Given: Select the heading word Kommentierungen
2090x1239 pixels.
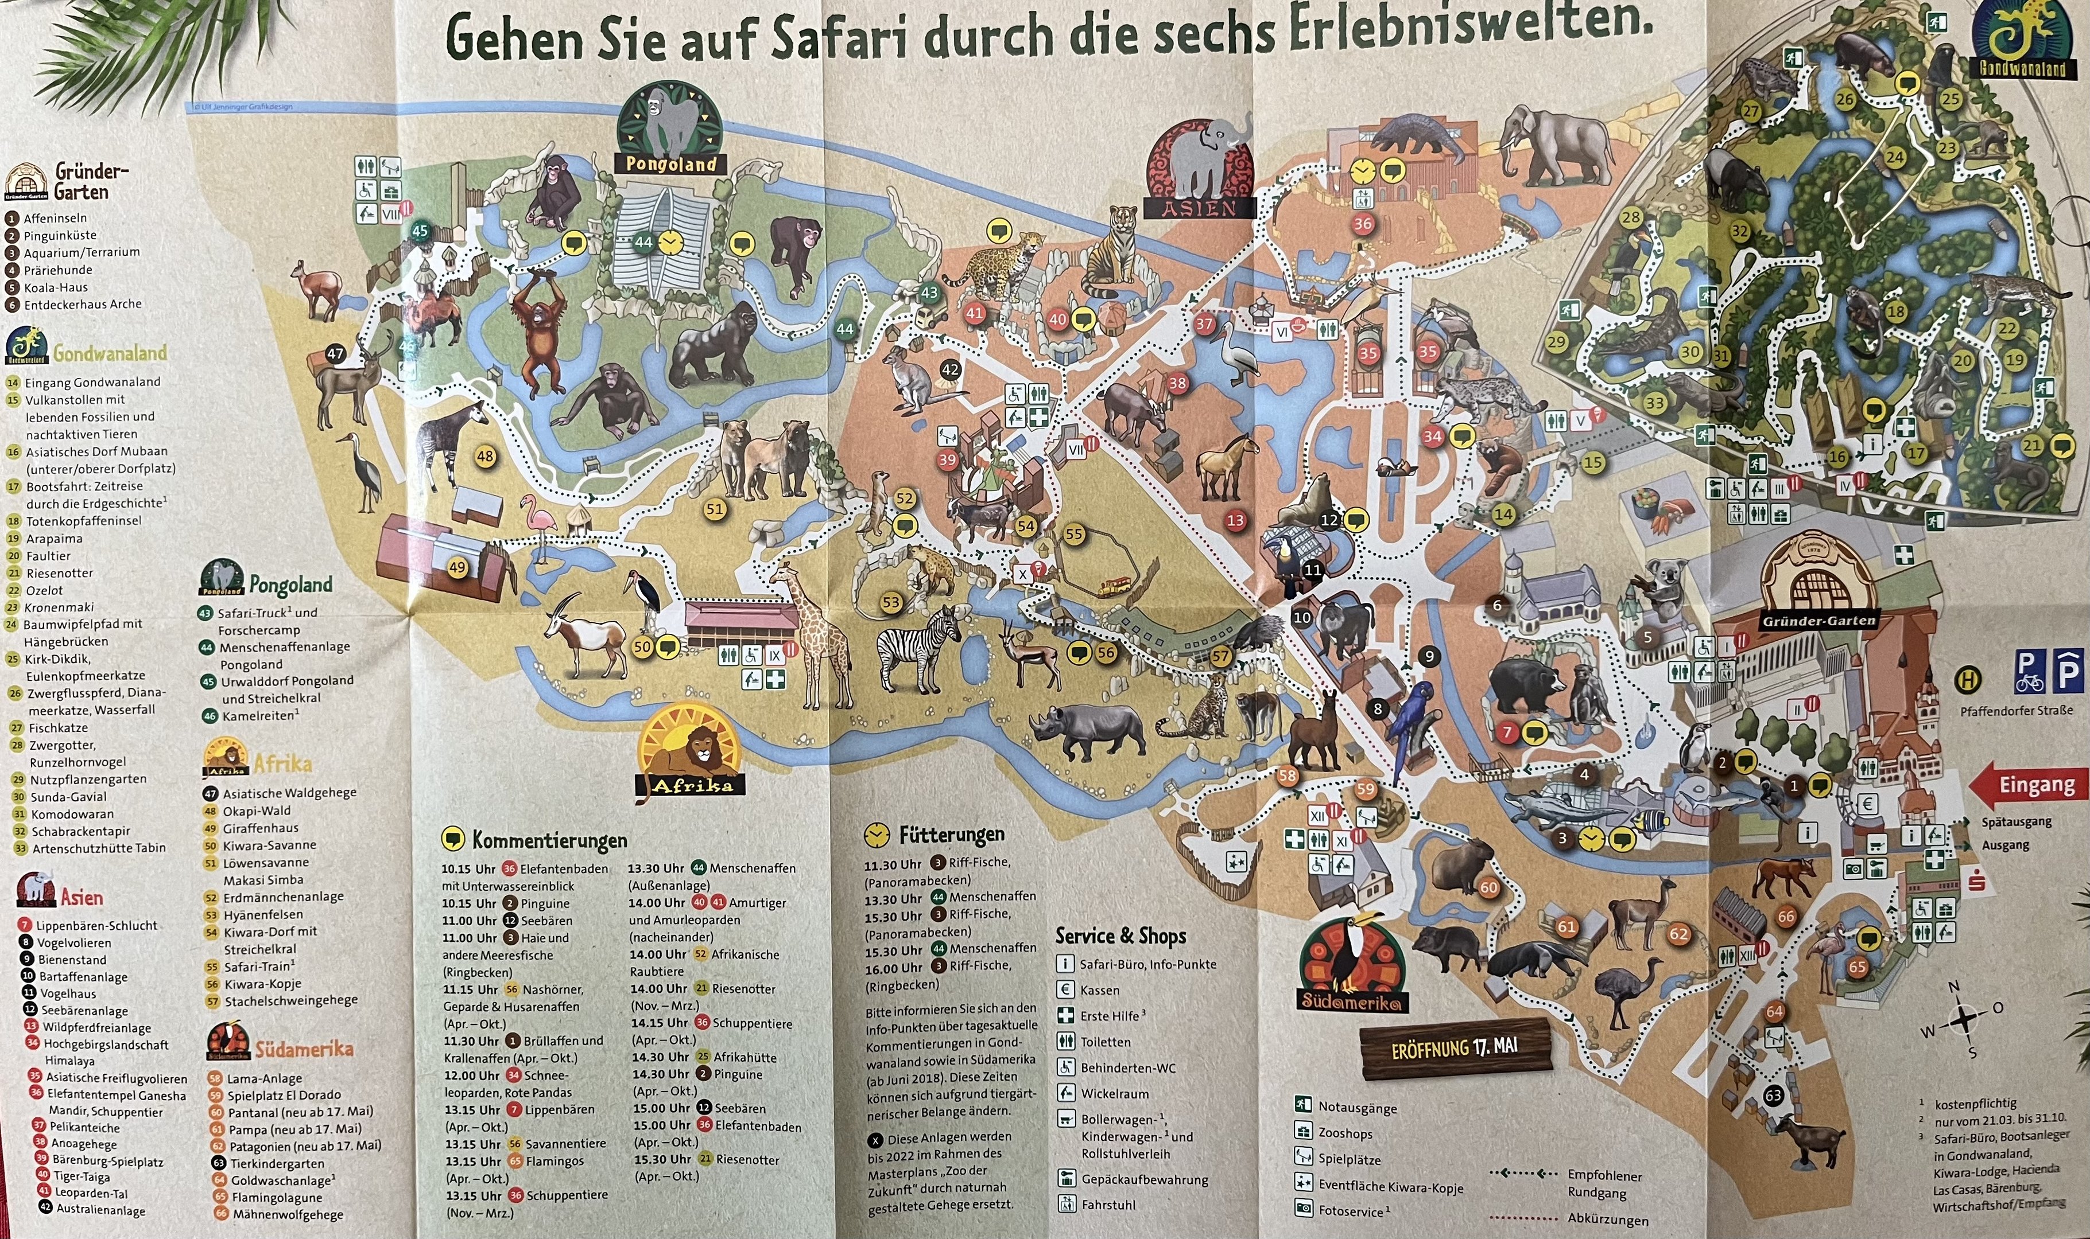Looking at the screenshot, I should (x=549, y=840).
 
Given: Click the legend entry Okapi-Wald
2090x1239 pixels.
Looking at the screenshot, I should (x=255, y=811).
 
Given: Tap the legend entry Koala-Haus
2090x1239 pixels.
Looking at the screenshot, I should (x=55, y=287).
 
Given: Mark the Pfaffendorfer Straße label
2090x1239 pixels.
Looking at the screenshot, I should (x=2017, y=711).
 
